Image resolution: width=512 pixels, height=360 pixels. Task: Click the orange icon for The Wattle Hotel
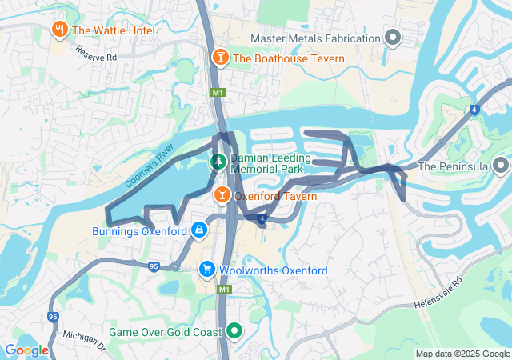click(x=59, y=30)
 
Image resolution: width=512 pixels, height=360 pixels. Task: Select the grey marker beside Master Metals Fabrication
click(x=393, y=38)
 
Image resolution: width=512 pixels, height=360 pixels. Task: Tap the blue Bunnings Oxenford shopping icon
click(x=198, y=230)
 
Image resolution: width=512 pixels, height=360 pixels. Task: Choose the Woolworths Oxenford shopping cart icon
click(x=207, y=270)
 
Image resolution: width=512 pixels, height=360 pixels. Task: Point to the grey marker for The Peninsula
click(x=501, y=166)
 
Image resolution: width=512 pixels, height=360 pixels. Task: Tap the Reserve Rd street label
click(x=97, y=54)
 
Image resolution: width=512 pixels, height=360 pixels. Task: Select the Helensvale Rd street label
click(x=438, y=296)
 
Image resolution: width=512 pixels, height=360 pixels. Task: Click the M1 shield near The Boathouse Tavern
click(x=218, y=93)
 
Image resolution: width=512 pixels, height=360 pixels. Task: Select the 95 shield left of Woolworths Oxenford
click(x=154, y=266)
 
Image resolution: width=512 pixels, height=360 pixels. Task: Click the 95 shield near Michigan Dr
click(x=54, y=316)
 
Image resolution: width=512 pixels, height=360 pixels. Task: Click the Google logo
click(x=26, y=350)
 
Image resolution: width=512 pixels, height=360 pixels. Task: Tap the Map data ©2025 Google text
click(x=462, y=354)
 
